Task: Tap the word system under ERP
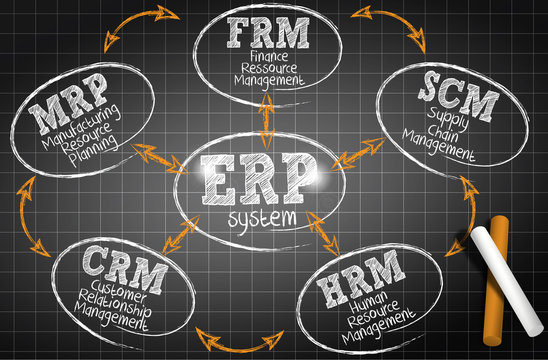pyautogui.click(x=262, y=217)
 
